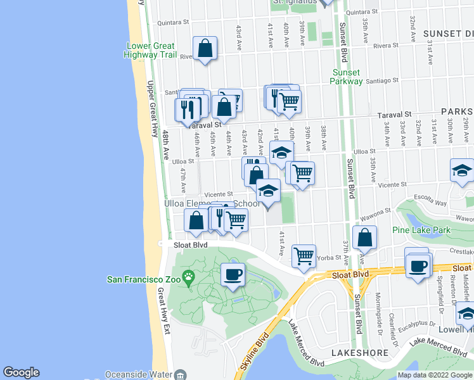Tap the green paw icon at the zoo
coord(188,277)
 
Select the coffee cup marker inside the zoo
coord(233,274)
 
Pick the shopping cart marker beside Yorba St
coord(304,255)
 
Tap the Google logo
coord(21,372)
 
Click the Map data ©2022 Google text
coord(435,375)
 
